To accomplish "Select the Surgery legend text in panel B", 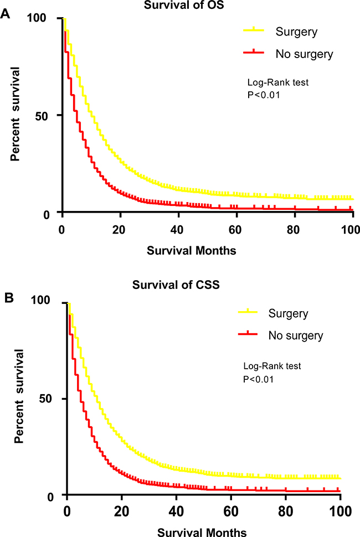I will [x=289, y=314].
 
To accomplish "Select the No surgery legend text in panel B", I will [x=296, y=335].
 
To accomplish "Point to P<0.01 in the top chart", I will [x=263, y=95].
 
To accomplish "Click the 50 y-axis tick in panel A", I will [x=45, y=115].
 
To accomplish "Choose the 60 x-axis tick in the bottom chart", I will [x=230, y=509].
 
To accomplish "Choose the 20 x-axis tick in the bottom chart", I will [x=121, y=509].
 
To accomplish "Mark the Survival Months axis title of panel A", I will [x=192, y=250].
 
